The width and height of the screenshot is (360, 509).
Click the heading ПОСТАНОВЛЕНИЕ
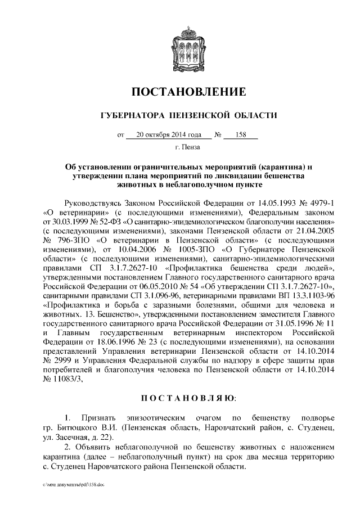180,92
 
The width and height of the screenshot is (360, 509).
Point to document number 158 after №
241,135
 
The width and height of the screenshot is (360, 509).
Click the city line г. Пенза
180,148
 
